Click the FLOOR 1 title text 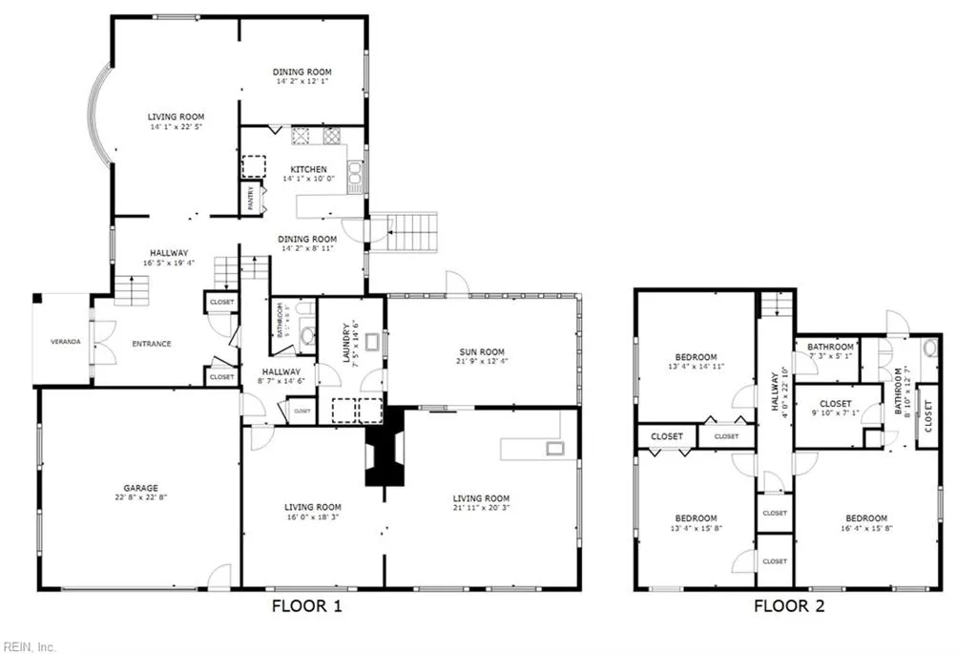(x=306, y=605)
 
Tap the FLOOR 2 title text (x=789, y=605)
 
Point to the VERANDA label (x=66, y=342)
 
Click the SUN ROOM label (x=481, y=352)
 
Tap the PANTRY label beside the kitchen (x=251, y=198)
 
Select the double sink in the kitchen (x=355, y=173)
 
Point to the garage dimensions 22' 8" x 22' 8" (x=139, y=497)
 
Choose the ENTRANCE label (x=152, y=344)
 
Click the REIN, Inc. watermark (x=29, y=646)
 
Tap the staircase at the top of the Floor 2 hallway (x=776, y=305)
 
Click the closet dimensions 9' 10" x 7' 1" (x=836, y=414)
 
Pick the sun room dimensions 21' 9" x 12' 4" (x=481, y=363)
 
